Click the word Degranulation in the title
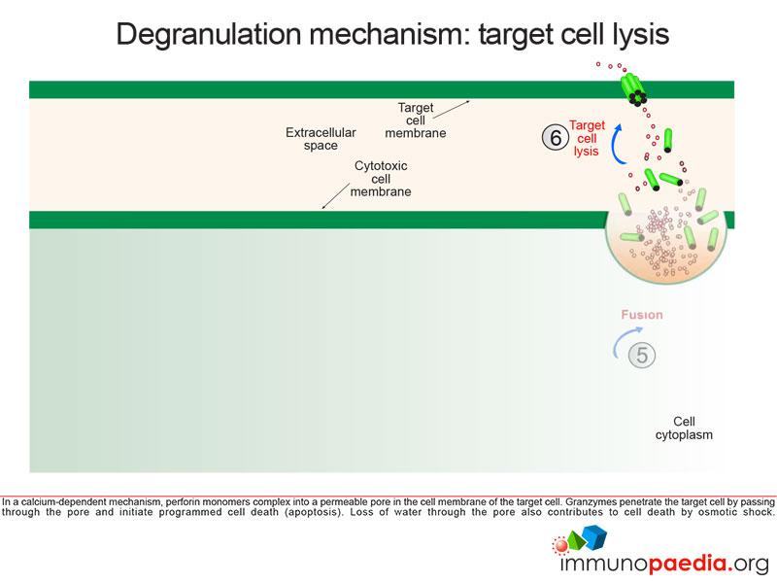(x=209, y=35)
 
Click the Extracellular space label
(x=321, y=139)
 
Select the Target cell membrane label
(x=416, y=120)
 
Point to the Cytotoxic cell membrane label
(x=381, y=179)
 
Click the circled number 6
(x=555, y=137)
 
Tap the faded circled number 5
(x=642, y=355)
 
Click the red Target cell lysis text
(x=587, y=138)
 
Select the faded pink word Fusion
(x=642, y=315)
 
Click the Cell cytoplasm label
(x=684, y=428)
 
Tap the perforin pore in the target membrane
(x=633, y=88)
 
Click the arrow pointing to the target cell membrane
(x=451, y=110)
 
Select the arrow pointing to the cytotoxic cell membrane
(x=335, y=196)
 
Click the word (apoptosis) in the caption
(x=314, y=512)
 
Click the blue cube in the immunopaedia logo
(x=594, y=536)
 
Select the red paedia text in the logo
(x=687, y=564)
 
